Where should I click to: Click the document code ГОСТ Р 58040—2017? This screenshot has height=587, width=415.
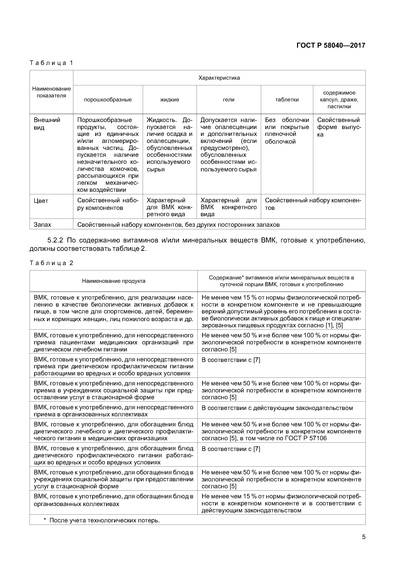pos(331,46)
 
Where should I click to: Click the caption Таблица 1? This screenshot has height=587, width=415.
pos(51,63)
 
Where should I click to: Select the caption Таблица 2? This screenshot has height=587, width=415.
pos(51,263)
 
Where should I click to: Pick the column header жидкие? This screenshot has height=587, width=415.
pos(170,100)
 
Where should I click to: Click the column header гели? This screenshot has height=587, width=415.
pos(229,100)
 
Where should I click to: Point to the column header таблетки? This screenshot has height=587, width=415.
pos(287,100)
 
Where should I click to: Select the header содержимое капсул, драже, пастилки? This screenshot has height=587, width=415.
pos(339,100)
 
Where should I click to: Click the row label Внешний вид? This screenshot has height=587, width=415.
pos(47,124)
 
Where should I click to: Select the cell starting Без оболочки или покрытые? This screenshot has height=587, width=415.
pos(287,131)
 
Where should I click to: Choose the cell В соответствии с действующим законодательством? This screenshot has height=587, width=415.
pos(277,408)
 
